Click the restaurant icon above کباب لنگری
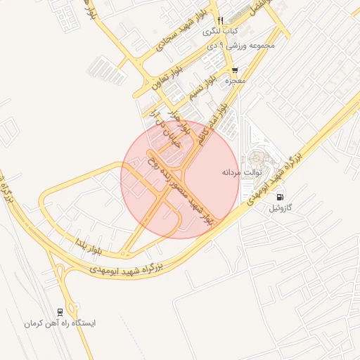click(221, 20)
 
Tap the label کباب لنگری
click(221, 31)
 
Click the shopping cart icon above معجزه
click(234, 70)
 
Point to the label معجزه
click(234, 82)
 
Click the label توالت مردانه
click(242, 172)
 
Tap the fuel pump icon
click(281, 198)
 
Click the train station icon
click(60, 311)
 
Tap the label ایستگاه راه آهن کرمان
click(59, 323)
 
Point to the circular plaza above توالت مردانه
click(255, 157)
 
